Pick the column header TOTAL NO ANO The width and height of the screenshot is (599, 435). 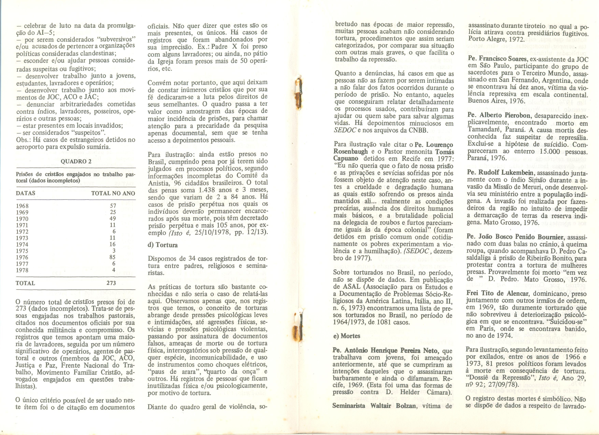coord(113,193)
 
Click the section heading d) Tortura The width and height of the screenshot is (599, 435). coord(162,245)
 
